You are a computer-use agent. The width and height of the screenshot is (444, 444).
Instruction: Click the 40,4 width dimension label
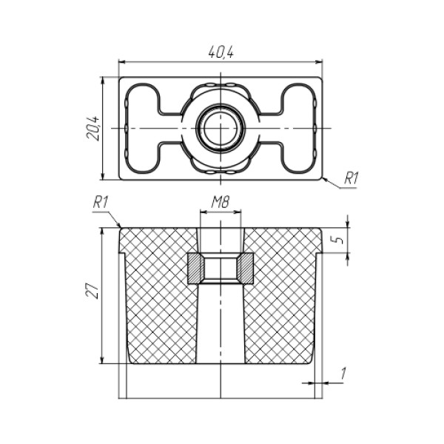[221, 52]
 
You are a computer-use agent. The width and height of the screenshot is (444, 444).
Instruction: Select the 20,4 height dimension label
[92, 128]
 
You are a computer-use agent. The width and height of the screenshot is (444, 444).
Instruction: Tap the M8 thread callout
[221, 202]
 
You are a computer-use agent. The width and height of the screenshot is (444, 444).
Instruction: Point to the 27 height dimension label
[92, 291]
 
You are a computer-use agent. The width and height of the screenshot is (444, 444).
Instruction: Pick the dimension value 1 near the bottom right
[343, 374]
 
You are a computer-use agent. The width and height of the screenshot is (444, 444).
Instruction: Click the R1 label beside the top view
[351, 178]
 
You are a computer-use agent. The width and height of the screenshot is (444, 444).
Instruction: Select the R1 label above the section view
[101, 203]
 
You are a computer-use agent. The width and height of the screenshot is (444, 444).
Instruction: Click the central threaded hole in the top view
[221, 128]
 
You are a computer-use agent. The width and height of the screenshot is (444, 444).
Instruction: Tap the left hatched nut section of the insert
[195, 269]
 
